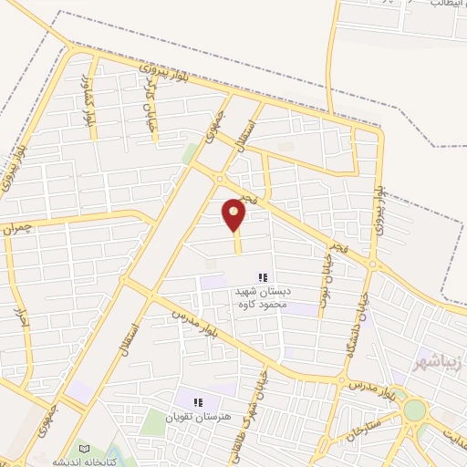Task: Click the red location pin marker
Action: (234, 213)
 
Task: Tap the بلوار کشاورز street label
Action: (89, 103)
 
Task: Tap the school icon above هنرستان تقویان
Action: (195, 401)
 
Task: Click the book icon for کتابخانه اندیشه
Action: (84, 449)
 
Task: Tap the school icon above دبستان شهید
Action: (263, 277)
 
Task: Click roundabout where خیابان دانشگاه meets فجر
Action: (372, 264)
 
